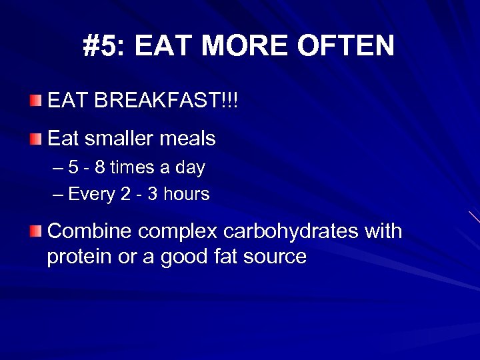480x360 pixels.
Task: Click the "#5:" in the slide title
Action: tap(105, 47)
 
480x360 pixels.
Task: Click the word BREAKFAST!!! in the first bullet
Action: tap(167, 102)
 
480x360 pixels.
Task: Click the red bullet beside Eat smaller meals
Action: tap(35, 139)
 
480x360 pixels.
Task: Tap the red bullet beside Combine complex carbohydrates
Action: tap(35, 231)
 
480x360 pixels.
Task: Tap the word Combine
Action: tap(90, 231)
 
